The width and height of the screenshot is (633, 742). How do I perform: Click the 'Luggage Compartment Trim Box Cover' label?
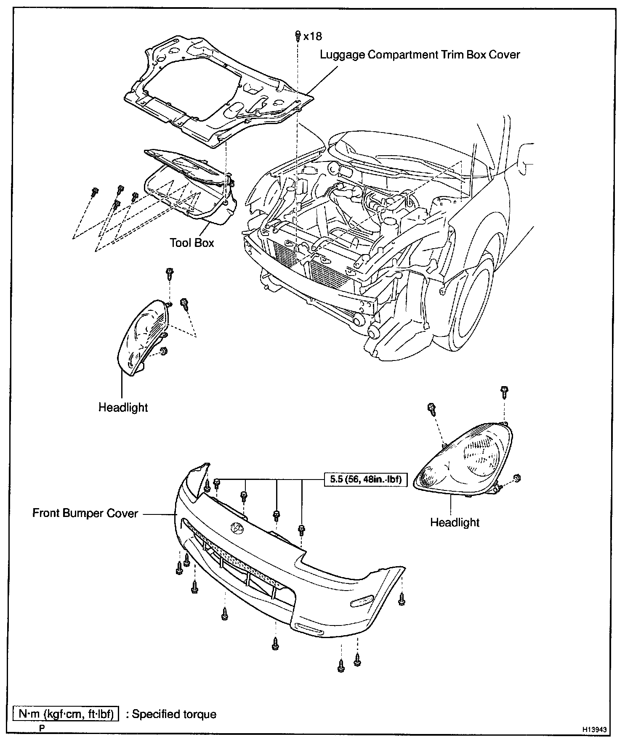(x=420, y=55)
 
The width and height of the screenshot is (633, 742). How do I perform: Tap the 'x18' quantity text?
(x=312, y=37)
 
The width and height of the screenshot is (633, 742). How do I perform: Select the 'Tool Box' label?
(x=191, y=243)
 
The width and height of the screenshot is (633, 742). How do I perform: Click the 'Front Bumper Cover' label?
(x=85, y=514)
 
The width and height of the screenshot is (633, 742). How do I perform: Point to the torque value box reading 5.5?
(x=365, y=480)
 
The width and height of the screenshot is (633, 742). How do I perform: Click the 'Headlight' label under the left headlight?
(x=123, y=407)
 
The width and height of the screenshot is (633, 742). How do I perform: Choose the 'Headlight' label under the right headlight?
(x=455, y=522)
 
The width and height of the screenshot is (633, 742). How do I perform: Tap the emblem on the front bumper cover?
(x=237, y=528)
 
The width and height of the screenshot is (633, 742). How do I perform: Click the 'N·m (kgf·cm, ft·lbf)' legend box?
(x=66, y=714)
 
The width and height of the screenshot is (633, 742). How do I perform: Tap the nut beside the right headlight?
(x=518, y=478)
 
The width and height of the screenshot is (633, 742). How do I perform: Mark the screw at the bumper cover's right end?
(x=402, y=600)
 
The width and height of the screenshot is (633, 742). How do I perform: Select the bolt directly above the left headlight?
(x=170, y=274)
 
